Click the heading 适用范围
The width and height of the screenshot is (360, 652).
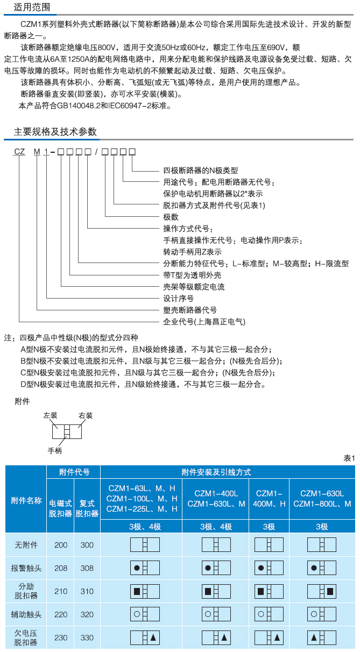point(32,7)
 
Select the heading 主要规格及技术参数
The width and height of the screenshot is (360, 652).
point(55,132)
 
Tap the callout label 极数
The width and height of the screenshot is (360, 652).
point(171,217)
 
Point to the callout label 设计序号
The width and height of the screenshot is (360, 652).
point(178,299)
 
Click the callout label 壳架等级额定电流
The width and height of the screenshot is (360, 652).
point(194,287)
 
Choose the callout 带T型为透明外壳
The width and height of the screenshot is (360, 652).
point(192,275)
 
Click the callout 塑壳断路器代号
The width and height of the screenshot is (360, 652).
point(190,310)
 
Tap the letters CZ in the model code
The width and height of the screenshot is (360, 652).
point(19,152)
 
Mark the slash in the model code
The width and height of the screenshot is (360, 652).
point(96,152)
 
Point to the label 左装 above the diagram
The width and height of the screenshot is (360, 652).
point(50,415)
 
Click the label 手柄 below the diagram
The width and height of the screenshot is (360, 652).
point(55,451)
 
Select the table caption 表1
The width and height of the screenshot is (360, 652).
point(349,458)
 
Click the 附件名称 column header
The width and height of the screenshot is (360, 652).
point(26,500)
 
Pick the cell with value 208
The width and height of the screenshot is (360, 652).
point(61,568)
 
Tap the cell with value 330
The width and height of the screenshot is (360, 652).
point(87,637)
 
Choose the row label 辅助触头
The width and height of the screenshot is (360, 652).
point(26,614)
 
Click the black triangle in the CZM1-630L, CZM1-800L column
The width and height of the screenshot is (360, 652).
point(314,637)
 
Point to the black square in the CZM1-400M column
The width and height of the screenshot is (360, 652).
point(261,591)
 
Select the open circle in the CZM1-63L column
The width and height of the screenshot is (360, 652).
point(137,614)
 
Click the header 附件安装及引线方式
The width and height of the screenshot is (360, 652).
point(216,472)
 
